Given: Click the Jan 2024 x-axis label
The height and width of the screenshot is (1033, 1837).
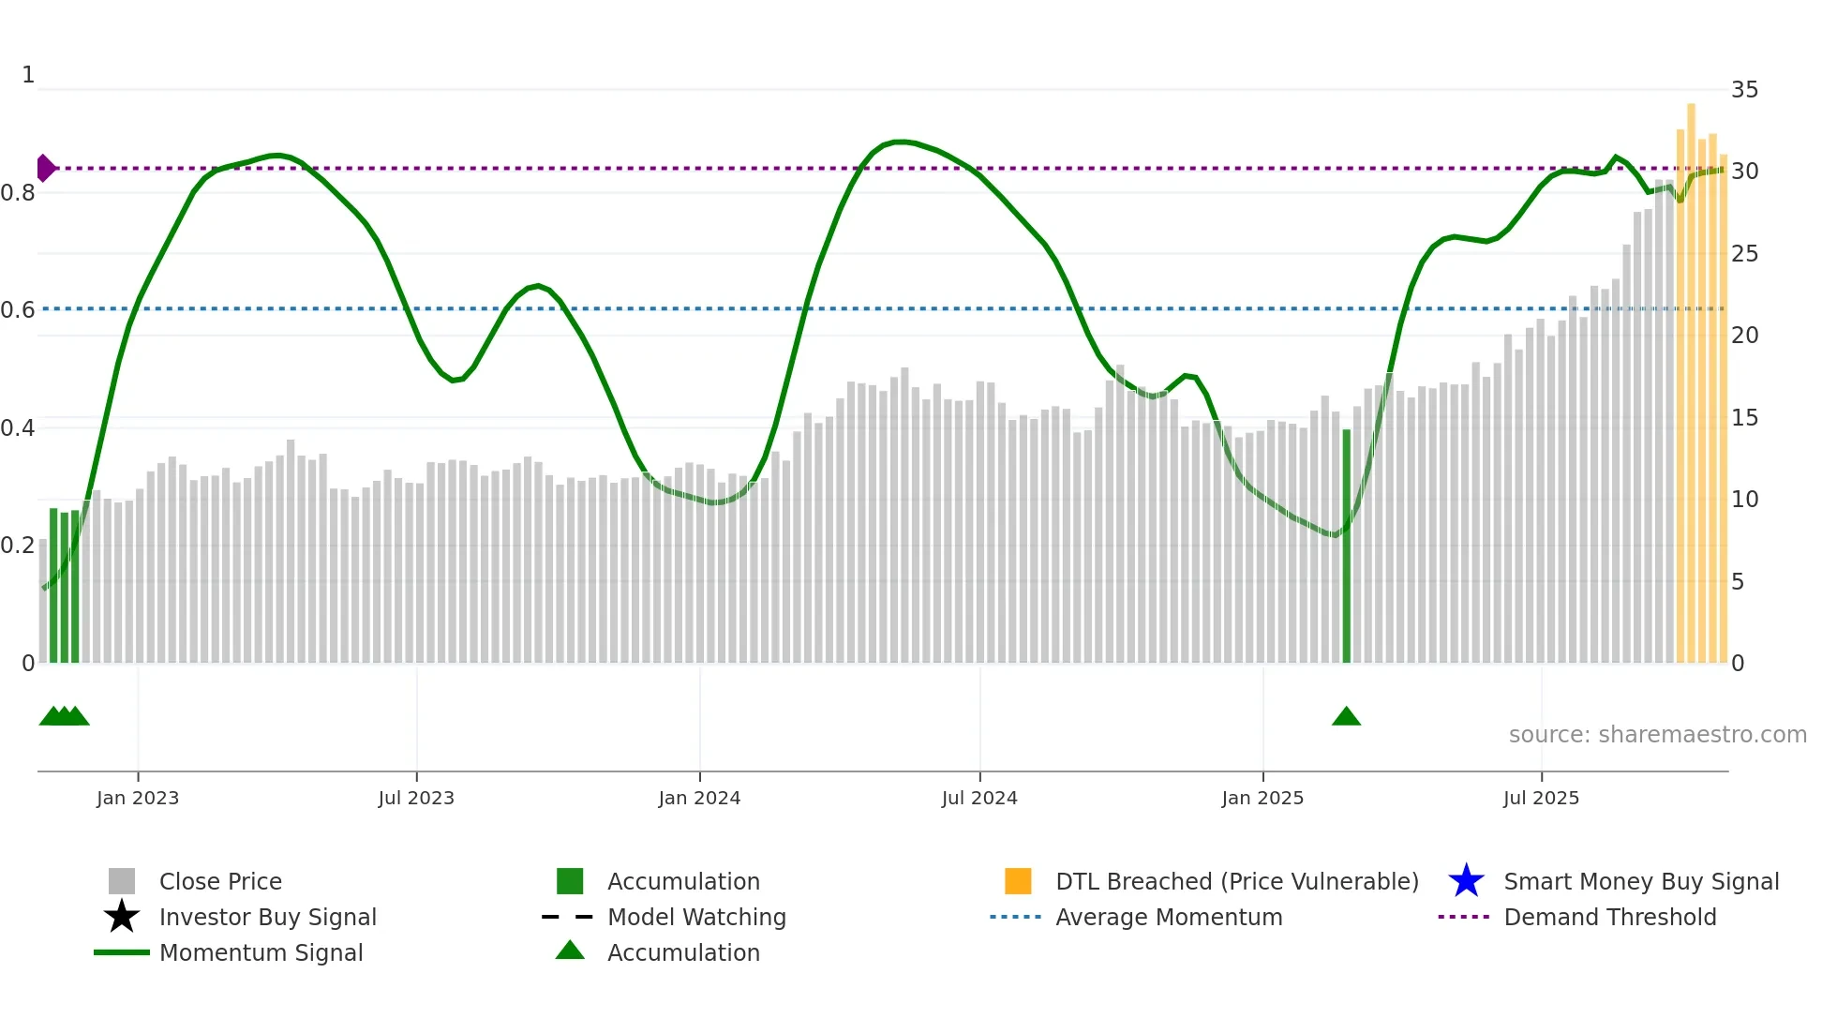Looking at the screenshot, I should pos(699,798).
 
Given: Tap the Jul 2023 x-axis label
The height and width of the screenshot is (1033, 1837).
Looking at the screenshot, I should pos(416,798).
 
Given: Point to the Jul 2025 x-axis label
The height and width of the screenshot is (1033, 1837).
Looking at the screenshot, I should pos(1541,798).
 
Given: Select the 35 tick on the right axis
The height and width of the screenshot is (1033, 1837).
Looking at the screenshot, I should pos(1744,90).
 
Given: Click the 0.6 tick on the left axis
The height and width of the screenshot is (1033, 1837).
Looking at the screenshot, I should pos(18,310).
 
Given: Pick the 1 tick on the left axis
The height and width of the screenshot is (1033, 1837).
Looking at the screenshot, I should pos(28,75).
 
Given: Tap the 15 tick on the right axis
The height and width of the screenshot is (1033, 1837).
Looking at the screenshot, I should pos(1744,418).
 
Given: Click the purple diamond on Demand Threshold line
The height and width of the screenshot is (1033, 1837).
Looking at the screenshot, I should pos(45,169).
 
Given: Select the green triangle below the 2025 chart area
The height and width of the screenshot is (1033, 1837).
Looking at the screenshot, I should pos(1346,717).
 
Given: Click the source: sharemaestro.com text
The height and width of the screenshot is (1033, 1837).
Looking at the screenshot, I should pos(1657,735).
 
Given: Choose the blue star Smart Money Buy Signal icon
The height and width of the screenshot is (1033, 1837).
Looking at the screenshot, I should pos(1466,881).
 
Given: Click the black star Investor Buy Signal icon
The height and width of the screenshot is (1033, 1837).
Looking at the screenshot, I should pos(122,917).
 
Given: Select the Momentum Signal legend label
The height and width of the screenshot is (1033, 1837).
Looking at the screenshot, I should pos(261,952).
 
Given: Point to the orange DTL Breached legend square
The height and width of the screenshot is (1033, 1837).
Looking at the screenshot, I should pos(1018,881).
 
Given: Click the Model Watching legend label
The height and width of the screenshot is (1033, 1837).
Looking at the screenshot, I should pos(696,917).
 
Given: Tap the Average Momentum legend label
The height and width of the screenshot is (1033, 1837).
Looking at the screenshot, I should pos(1169,917).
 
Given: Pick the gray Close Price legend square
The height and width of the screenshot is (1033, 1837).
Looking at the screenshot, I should pos(122,881).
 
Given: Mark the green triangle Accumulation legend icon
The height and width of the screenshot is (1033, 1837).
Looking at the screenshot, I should pos(570,951).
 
